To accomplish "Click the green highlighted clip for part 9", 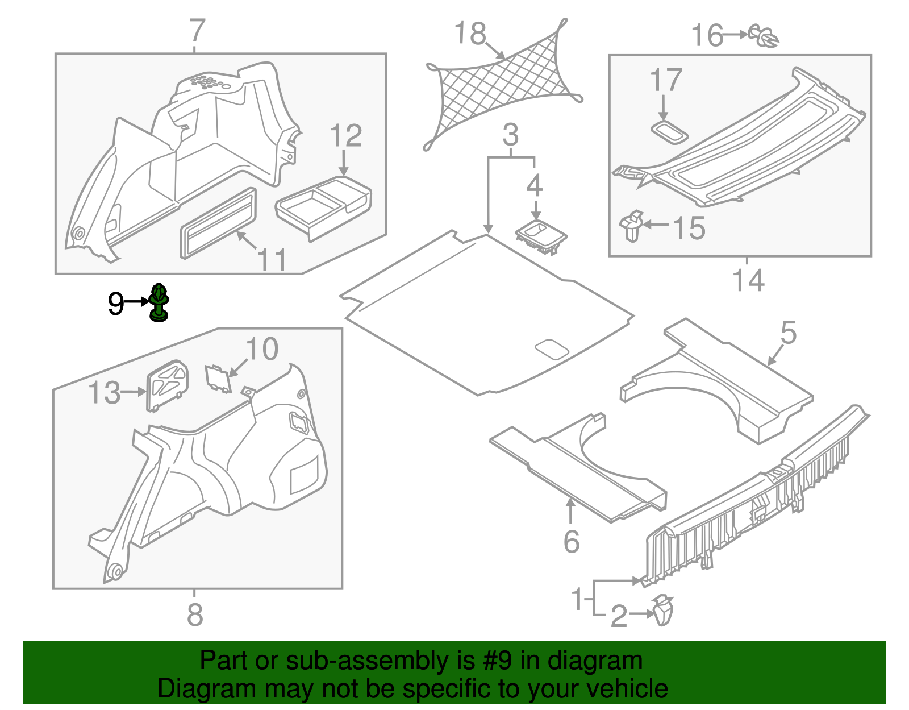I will [159, 304].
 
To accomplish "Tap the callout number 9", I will [116, 304].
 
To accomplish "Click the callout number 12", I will [345, 136].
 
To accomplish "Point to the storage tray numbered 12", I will [324, 205].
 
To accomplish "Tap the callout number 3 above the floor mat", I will [511, 135].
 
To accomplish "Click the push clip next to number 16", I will [764, 35].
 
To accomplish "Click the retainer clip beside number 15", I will [632, 226].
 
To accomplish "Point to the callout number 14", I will [748, 281].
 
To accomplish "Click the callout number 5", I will [789, 332].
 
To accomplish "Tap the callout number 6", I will [572, 541].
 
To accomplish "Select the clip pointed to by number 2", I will [662, 611].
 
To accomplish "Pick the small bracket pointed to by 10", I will [218, 379].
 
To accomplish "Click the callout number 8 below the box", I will [195, 615].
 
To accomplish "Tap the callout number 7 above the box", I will [197, 31].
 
